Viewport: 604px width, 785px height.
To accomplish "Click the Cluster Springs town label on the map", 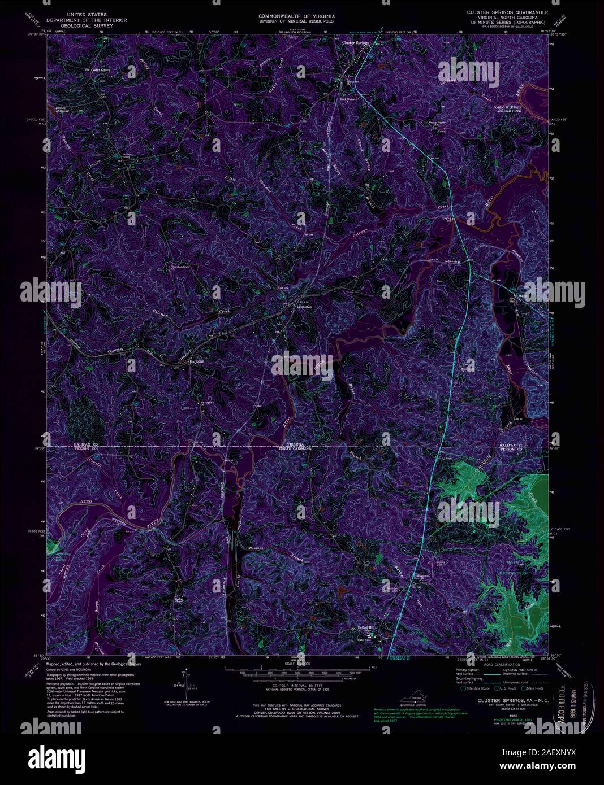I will [355, 43].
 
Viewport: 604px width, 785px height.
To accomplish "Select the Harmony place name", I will [196, 361].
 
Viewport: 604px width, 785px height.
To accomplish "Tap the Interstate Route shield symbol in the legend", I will [463, 688].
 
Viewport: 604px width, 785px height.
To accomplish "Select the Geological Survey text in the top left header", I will [87, 25].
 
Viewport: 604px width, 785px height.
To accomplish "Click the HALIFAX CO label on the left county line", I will [85, 446].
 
